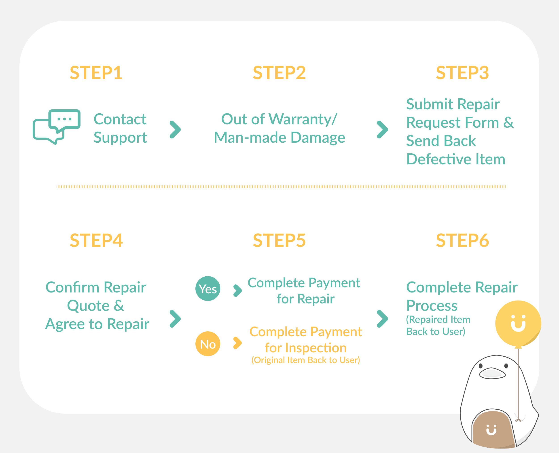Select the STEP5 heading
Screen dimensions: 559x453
(279, 240)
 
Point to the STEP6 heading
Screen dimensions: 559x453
(462, 240)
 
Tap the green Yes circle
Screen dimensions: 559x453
(208, 289)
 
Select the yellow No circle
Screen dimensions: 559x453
(208, 344)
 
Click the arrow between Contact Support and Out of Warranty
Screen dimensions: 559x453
(175, 129)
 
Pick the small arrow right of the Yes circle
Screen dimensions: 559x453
(237, 291)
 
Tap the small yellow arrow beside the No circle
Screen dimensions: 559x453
(237, 343)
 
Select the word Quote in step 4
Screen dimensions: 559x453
(88, 306)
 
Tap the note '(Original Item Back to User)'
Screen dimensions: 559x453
(306, 360)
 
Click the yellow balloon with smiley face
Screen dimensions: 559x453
(518, 324)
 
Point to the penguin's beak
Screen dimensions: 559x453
(492, 373)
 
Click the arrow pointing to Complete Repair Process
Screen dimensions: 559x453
(383, 319)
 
